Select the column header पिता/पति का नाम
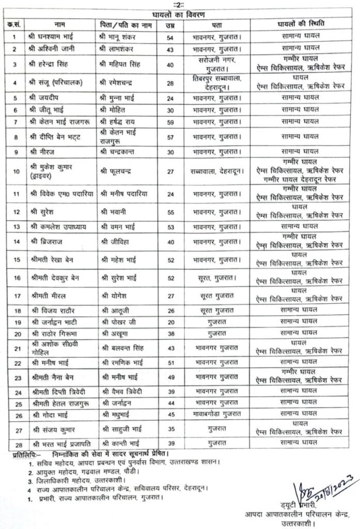point(124,25)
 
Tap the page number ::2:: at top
point(179,4)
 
